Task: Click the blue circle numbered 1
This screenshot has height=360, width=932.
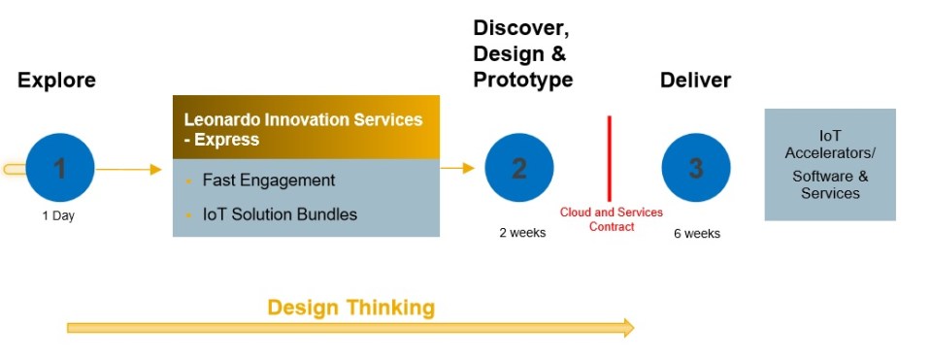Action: coord(59,168)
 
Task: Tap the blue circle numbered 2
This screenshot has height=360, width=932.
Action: coord(518,168)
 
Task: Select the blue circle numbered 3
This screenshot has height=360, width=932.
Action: coord(696,168)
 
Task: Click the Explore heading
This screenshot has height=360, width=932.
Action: coord(56,81)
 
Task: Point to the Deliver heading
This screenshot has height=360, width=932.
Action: coord(695,81)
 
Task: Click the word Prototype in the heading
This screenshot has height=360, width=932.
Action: coord(523,80)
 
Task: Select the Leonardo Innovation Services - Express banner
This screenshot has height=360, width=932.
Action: coord(306,127)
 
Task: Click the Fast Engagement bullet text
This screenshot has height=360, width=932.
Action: coord(269,180)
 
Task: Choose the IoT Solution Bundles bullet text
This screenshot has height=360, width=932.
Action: coord(280,214)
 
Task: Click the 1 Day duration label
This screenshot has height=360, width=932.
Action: coord(58,216)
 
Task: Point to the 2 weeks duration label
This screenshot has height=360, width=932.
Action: coord(522,233)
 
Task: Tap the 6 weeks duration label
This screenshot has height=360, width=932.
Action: coord(697,234)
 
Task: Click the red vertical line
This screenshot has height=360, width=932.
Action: coord(610,158)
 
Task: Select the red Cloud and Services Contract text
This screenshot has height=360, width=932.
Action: coord(612,219)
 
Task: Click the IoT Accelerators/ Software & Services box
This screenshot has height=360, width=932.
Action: coord(830,165)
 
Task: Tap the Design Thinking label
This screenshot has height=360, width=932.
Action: coord(351,308)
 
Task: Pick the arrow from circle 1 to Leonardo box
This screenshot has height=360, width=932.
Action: coord(129,170)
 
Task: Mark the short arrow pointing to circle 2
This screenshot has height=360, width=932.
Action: coord(457,168)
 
